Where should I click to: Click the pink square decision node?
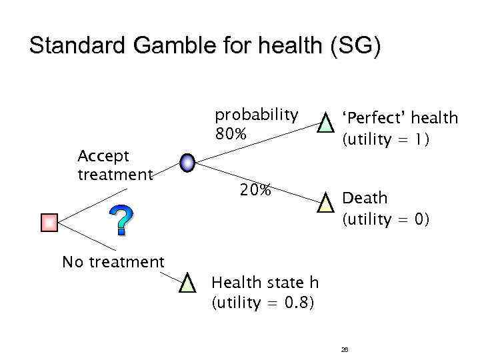pos(49,222)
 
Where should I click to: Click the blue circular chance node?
pos(187,162)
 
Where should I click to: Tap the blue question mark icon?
pos(121,220)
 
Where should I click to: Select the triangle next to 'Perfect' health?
pos(325,123)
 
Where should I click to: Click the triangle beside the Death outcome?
pos(325,202)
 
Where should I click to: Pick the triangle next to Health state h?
pos(188,283)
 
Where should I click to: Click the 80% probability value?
pos(231,134)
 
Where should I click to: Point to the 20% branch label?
pos(255,190)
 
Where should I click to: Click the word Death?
pos(364,198)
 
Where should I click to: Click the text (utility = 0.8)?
pos(264,303)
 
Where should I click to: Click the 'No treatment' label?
pos(113,262)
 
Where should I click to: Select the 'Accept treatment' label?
pos(115,165)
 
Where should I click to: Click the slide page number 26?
pos(345,349)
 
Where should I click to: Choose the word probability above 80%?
pos(256,114)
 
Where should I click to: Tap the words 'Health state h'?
pos(265,283)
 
